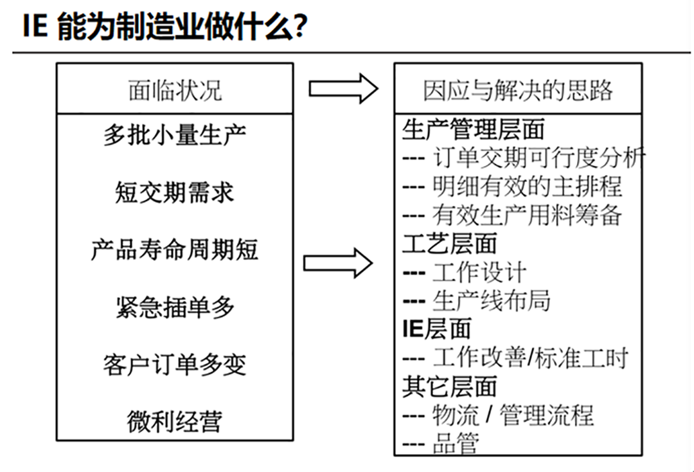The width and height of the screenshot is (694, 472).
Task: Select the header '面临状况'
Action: (175, 90)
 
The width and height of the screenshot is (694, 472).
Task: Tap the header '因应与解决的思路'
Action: (518, 90)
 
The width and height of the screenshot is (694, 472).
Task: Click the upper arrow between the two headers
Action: (343, 89)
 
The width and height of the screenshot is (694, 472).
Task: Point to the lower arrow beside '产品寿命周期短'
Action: (338, 263)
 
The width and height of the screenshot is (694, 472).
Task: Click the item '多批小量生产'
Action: (175, 134)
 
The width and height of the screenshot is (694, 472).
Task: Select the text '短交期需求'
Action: (175, 192)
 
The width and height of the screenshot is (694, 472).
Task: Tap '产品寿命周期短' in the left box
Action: (175, 250)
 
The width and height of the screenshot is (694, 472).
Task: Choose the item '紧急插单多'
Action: (175, 307)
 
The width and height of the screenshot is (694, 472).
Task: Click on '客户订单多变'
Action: (175, 365)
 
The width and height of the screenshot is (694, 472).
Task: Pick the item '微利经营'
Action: (175, 421)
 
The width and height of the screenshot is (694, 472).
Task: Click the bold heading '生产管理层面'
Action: (474, 129)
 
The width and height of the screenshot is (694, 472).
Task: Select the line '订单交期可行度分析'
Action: (538, 158)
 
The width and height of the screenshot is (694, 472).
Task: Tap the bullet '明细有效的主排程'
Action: (527, 186)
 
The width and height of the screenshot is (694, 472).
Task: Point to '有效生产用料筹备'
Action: (527, 215)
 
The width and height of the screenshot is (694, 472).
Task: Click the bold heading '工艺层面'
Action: (450, 244)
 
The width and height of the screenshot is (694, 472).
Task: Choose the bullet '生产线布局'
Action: (492, 301)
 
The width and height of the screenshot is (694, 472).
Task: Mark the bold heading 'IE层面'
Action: (437, 329)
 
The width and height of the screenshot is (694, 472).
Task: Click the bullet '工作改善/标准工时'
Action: (530, 358)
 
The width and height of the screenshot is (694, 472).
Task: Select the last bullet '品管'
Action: (456, 443)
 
